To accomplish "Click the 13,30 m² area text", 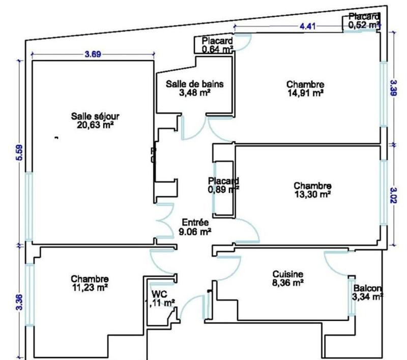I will pos(313,193).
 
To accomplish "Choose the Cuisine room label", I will pos(287,274).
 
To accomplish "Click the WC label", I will pos(159,294).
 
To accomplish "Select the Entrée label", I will pos(195,222).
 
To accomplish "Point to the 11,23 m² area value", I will pos(90,287).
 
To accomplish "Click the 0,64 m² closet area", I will pos(217,49).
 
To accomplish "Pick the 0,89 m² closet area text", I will pos(223,189).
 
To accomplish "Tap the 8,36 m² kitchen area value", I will pos(287,282).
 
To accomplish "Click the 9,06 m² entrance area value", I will pos(195,231).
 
